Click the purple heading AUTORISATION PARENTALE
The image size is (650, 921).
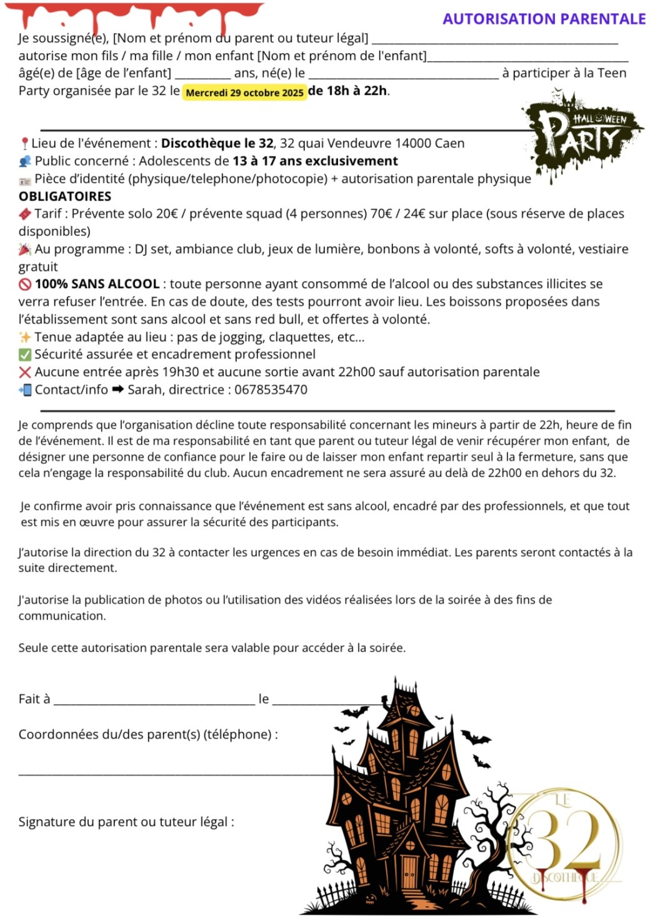pos(544,19)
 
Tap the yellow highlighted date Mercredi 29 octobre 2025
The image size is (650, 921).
pos(245,92)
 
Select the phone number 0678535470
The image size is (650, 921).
pos(271,390)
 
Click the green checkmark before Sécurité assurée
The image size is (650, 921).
pos(25,355)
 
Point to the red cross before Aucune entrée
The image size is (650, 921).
pos(25,372)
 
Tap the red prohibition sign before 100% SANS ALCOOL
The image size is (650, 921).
pos(25,284)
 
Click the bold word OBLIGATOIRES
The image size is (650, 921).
pos(65,196)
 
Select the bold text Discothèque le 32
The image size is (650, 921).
pos(217,143)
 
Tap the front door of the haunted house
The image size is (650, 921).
pos(409,872)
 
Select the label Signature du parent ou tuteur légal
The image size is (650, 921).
pos(126,822)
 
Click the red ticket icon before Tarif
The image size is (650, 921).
pos(25,214)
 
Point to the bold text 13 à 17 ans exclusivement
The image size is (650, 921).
pos(315,161)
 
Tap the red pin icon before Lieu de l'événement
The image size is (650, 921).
pos(24,144)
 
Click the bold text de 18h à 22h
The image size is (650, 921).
pos(347,91)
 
